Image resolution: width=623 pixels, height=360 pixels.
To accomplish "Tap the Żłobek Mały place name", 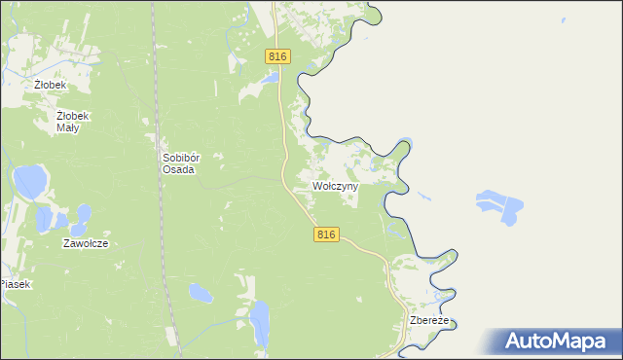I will point(73,122).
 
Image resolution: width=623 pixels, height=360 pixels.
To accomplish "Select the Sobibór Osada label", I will point(179,162).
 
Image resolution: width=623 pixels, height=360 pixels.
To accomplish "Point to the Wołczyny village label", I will point(335,185).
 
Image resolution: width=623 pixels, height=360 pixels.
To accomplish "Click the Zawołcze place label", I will point(85,243).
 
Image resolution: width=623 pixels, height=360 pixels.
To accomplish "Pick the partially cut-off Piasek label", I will point(16,284).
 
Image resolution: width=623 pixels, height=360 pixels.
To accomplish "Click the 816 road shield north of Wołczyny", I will point(277,57).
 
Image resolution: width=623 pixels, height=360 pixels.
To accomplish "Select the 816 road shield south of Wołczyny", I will point(326,234).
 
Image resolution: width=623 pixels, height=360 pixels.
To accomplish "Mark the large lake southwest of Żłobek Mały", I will point(29,180).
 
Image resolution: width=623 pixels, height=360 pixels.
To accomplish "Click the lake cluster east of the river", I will point(499,207).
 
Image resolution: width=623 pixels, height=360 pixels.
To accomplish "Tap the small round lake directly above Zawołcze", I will point(82,216).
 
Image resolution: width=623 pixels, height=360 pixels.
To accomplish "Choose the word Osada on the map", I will point(179,169).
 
